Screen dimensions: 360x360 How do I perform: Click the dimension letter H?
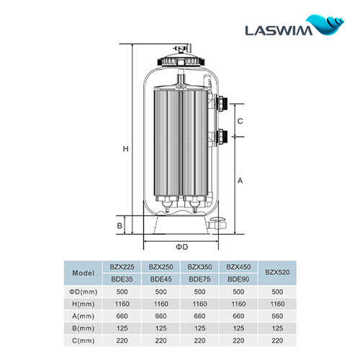125,149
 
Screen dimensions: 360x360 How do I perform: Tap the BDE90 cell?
239,279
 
